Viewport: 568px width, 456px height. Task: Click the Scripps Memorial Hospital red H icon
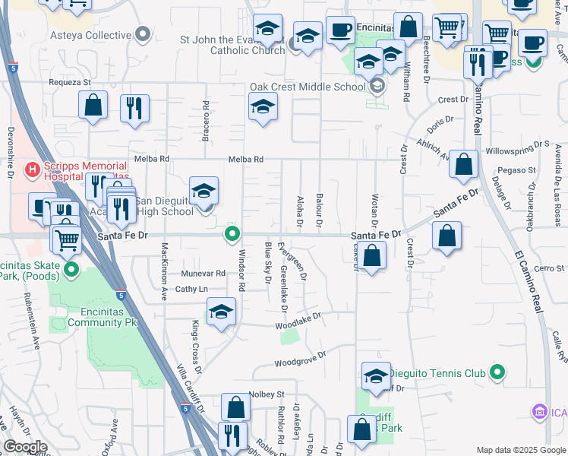(x=33, y=168)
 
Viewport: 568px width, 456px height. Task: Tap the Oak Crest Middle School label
(x=308, y=87)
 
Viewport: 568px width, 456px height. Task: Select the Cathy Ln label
(x=191, y=289)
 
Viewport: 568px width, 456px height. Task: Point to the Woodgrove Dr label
(x=300, y=357)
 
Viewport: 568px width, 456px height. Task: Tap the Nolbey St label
(x=266, y=394)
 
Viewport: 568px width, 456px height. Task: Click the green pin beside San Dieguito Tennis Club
(x=497, y=372)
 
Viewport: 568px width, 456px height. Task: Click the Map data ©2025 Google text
(x=520, y=450)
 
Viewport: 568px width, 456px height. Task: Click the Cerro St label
(x=549, y=268)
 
